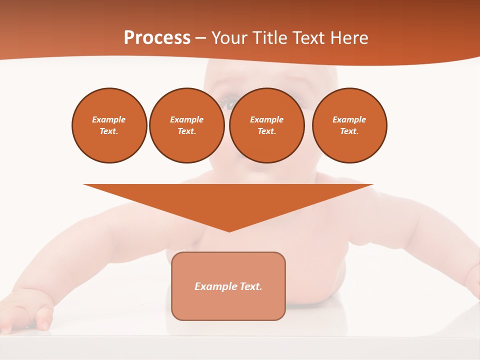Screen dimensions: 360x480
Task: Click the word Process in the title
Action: (157, 38)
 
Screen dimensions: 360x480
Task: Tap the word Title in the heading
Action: (268, 38)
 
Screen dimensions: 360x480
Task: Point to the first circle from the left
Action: (109, 125)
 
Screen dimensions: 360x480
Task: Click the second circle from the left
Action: (186, 125)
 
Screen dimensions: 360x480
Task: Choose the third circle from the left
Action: (266, 125)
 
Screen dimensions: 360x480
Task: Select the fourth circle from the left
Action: (349, 125)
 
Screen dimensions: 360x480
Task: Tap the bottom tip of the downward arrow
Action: (229, 231)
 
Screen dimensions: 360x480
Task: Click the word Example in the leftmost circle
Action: (109, 119)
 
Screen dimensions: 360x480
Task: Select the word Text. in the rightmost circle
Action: (349, 131)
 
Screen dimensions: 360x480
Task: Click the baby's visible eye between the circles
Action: (228, 103)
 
